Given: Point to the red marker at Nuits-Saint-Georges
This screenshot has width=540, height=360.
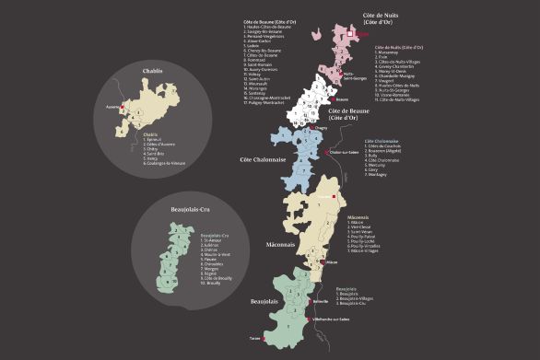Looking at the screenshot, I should [x=339, y=72].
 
